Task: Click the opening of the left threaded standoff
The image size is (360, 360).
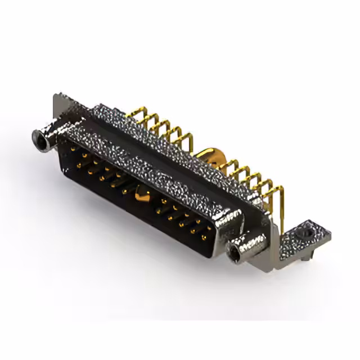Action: [40, 138]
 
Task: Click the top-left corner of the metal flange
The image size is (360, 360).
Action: [56, 96]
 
